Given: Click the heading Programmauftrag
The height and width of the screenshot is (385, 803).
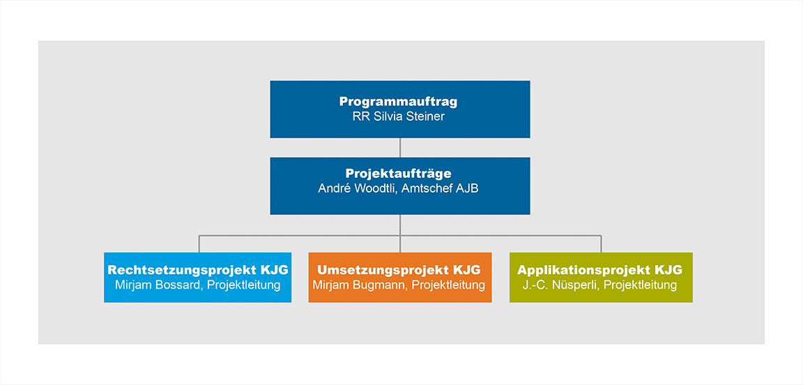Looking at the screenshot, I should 399,102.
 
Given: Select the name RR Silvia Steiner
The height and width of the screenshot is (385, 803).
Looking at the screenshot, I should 399,116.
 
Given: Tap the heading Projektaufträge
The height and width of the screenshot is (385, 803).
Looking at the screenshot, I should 399,174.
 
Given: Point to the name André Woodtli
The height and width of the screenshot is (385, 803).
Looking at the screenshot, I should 355,188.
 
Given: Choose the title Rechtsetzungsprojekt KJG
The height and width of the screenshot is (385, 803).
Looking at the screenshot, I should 197,270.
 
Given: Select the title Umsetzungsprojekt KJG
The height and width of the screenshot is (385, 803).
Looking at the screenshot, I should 399,270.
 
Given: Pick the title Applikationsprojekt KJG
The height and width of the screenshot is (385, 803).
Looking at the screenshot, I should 600,270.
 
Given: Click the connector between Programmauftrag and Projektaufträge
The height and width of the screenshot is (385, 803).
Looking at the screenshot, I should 400,147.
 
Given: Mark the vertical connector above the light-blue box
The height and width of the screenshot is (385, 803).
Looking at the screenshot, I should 199,244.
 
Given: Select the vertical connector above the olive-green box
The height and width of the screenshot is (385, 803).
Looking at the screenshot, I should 602,244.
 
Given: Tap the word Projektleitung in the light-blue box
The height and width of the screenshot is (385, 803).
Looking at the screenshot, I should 243,285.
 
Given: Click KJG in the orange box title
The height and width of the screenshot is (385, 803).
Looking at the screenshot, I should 467,270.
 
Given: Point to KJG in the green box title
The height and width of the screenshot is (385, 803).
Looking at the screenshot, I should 668,270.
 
